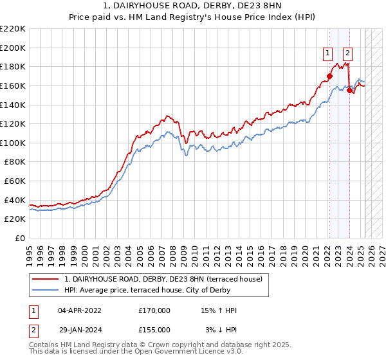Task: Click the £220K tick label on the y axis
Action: tap(13, 29)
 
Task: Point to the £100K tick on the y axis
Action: tap(13, 143)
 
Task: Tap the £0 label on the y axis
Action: tap(20, 239)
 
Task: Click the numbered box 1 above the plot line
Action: tap(328, 53)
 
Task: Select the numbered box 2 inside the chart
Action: tap(347, 53)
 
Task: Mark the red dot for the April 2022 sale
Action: tap(329, 76)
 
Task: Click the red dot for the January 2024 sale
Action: tap(350, 91)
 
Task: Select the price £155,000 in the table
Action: tap(154, 330)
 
